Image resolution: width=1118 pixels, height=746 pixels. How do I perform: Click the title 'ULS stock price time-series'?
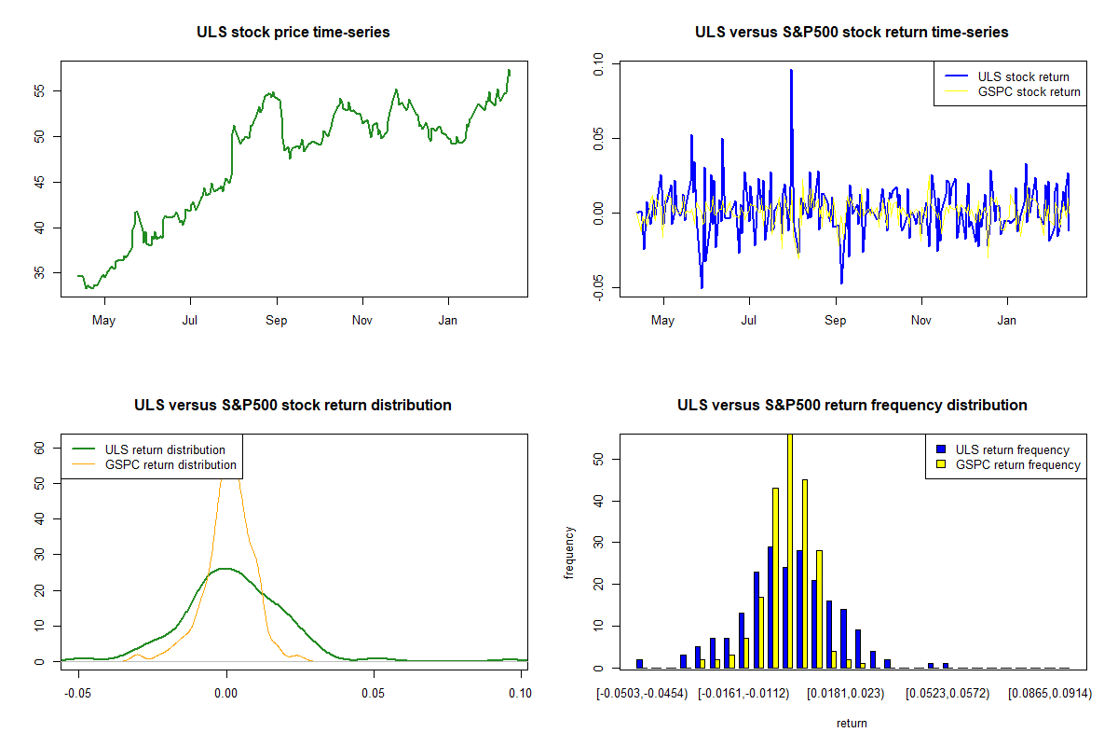point(293,33)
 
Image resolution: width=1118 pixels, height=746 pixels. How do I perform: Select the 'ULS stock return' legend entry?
point(1023,76)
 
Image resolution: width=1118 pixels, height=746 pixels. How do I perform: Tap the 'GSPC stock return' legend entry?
point(1029,91)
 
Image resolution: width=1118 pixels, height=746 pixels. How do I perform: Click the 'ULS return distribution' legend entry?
point(165,449)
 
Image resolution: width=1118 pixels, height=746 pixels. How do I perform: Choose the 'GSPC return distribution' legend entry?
point(170,464)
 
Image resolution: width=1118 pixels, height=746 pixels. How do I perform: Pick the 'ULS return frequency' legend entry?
point(1013,449)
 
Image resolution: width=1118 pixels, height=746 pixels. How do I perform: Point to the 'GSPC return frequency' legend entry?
point(1017,464)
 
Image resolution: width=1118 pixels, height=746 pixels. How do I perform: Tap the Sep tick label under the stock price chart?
point(277,321)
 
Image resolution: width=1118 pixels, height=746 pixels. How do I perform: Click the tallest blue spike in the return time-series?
point(791,71)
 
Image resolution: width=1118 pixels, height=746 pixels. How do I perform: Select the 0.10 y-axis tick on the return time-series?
point(599,65)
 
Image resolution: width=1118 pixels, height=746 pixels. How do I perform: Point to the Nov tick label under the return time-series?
point(921,321)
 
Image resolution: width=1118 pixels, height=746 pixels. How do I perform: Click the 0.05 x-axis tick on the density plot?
point(374,693)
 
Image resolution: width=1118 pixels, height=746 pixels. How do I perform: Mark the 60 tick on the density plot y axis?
point(39,448)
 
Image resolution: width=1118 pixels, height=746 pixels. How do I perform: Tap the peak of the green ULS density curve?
point(225,568)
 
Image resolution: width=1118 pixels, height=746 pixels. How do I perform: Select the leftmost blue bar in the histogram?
point(640,663)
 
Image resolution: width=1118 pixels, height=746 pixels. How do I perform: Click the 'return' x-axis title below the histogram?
point(852,723)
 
